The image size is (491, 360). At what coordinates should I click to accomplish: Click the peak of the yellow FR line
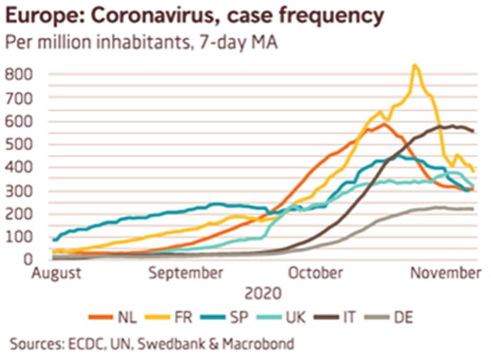tap(414, 66)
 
